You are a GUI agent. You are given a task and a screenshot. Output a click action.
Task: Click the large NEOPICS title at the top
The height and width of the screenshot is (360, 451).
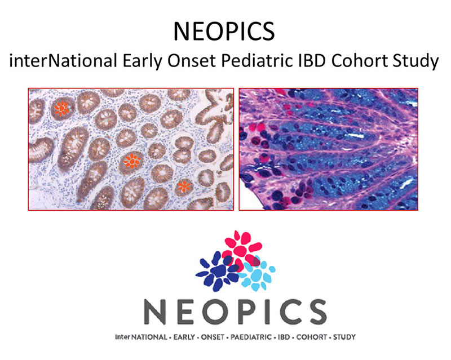pyautogui.click(x=224, y=31)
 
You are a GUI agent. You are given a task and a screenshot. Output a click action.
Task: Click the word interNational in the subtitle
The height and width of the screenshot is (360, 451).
pyautogui.click(x=63, y=61)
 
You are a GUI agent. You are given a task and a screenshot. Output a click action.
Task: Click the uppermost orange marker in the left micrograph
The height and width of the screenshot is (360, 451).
pyautogui.click(x=61, y=108)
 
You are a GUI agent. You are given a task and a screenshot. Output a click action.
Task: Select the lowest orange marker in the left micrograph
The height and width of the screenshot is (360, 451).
pyautogui.click(x=184, y=186)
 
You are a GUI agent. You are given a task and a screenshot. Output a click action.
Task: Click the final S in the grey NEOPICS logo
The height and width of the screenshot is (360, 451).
pyautogui.click(x=316, y=312)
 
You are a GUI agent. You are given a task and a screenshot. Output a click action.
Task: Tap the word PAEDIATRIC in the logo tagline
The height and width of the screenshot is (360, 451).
pyautogui.click(x=251, y=337)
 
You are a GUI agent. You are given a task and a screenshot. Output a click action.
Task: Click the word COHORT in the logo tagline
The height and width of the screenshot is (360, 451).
pyautogui.click(x=312, y=337)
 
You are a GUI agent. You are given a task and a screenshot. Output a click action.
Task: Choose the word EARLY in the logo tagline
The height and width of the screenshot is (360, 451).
pyautogui.click(x=184, y=337)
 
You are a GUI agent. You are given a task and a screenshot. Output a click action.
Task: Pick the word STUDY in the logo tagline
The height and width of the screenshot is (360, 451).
pyautogui.click(x=344, y=337)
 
